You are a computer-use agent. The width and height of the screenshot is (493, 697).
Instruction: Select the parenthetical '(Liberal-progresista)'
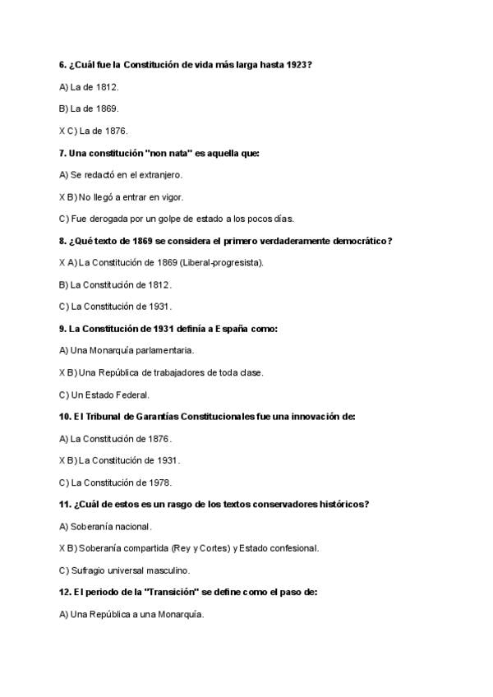pyautogui.click(x=223, y=263)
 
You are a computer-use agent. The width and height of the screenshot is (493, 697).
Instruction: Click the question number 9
pyautogui.click(x=62, y=329)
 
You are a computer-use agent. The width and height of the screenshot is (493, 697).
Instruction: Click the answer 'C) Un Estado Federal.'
pyautogui.click(x=104, y=395)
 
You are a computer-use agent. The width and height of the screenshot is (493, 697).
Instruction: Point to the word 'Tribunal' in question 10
pyautogui.click(x=99, y=417)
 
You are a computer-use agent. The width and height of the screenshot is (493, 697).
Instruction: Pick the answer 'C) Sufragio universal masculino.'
pyautogui.click(x=125, y=570)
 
